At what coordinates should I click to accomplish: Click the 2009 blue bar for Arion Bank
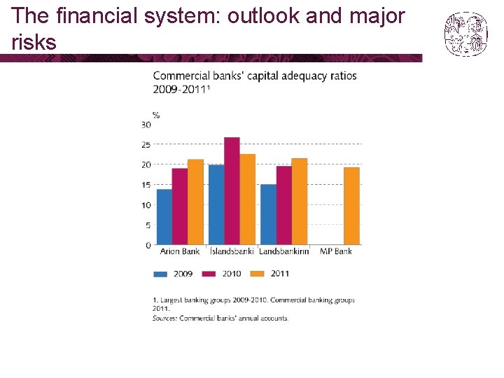164,217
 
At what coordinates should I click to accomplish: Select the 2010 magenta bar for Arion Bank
180,206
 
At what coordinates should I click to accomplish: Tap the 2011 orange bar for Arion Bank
195,202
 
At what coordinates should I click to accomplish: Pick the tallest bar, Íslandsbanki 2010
232,191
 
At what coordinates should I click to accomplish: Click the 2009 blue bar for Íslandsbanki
216,204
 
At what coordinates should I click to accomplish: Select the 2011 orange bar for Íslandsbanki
247,199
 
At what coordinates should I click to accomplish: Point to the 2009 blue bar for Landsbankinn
268,214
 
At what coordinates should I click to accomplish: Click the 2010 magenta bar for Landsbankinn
283,205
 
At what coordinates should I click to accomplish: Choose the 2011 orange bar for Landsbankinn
300,202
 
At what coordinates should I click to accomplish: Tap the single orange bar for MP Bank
351,206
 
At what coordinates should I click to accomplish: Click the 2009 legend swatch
161,274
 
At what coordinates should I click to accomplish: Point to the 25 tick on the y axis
146,145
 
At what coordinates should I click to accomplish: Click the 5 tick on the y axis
148,225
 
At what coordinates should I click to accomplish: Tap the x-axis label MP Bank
336,251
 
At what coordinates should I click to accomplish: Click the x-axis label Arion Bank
180,251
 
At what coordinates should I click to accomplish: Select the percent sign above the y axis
155,115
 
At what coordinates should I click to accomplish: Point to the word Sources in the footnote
164,318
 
